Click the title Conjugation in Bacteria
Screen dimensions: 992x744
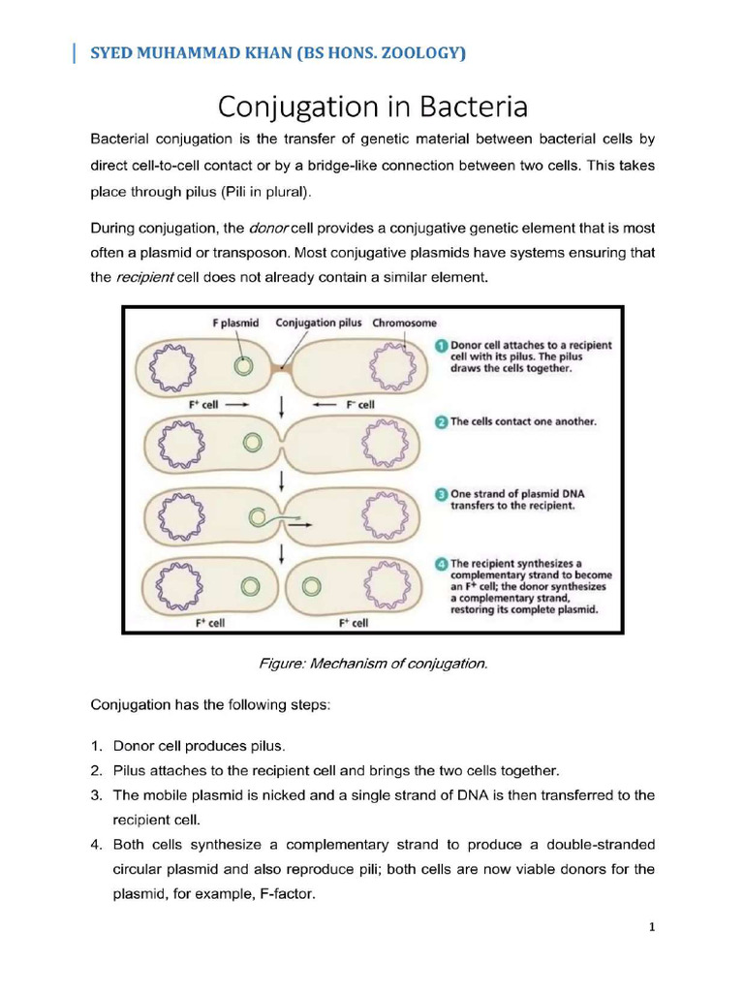click(372, 106)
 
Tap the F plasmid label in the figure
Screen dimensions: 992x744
click(235, 323)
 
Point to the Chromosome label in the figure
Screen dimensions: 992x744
click(404, 323)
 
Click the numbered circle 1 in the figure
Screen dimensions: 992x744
click(440, 345)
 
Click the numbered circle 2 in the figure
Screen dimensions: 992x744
click(440, 422)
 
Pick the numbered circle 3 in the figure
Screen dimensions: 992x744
click(440, 494)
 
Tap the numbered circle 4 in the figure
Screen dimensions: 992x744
click(440, 563)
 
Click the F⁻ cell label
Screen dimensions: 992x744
click(358, 404)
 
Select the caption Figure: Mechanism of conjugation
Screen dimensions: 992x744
click(373, 664)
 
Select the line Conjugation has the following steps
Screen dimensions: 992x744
click(210, 705)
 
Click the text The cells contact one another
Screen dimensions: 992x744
click(523, 422)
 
